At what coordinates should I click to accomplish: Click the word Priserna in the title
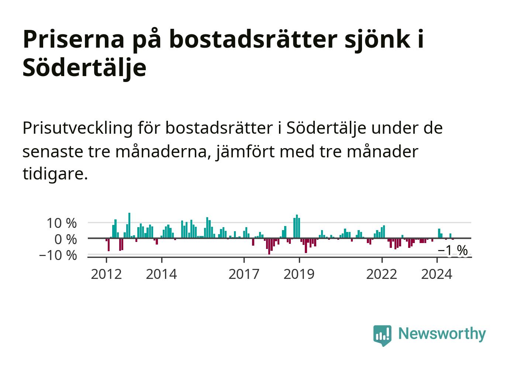coord(73,39)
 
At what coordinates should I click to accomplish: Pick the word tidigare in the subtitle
coord(55,174)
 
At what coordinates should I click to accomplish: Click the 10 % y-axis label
coord(62,223)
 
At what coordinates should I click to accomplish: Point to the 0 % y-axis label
coord(65,239)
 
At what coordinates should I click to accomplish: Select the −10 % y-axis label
coord(58,255)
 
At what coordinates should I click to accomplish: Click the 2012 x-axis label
coord(106,274)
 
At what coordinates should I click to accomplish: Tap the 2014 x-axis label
coord(161,274)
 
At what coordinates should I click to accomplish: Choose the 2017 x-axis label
coord(244,274)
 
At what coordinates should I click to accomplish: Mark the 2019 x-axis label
coord(299,274)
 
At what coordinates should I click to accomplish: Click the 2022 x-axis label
coord(382,274)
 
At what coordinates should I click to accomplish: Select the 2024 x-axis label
coord(437,274)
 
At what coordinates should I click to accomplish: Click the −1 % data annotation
coord(453,250)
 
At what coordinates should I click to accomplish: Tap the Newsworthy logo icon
coord(382,335)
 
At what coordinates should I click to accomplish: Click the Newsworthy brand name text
coord(442,334)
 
